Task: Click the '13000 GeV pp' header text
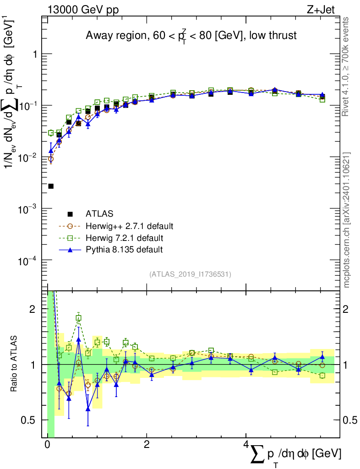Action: click(x=83, y=10)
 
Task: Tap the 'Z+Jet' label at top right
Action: click(x=321, y=10)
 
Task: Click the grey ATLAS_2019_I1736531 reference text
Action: click(x=190, y=274)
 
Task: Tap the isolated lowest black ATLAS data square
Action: click(x=51, y=186)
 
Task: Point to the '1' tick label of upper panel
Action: click(x=35, y=54)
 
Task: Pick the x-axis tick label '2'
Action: click(x=147, y=444)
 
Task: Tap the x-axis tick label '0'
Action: click(x=47, y=444)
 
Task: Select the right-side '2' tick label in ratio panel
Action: click(x=345, y=309)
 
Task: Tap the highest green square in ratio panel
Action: click(x=78, y=318)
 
